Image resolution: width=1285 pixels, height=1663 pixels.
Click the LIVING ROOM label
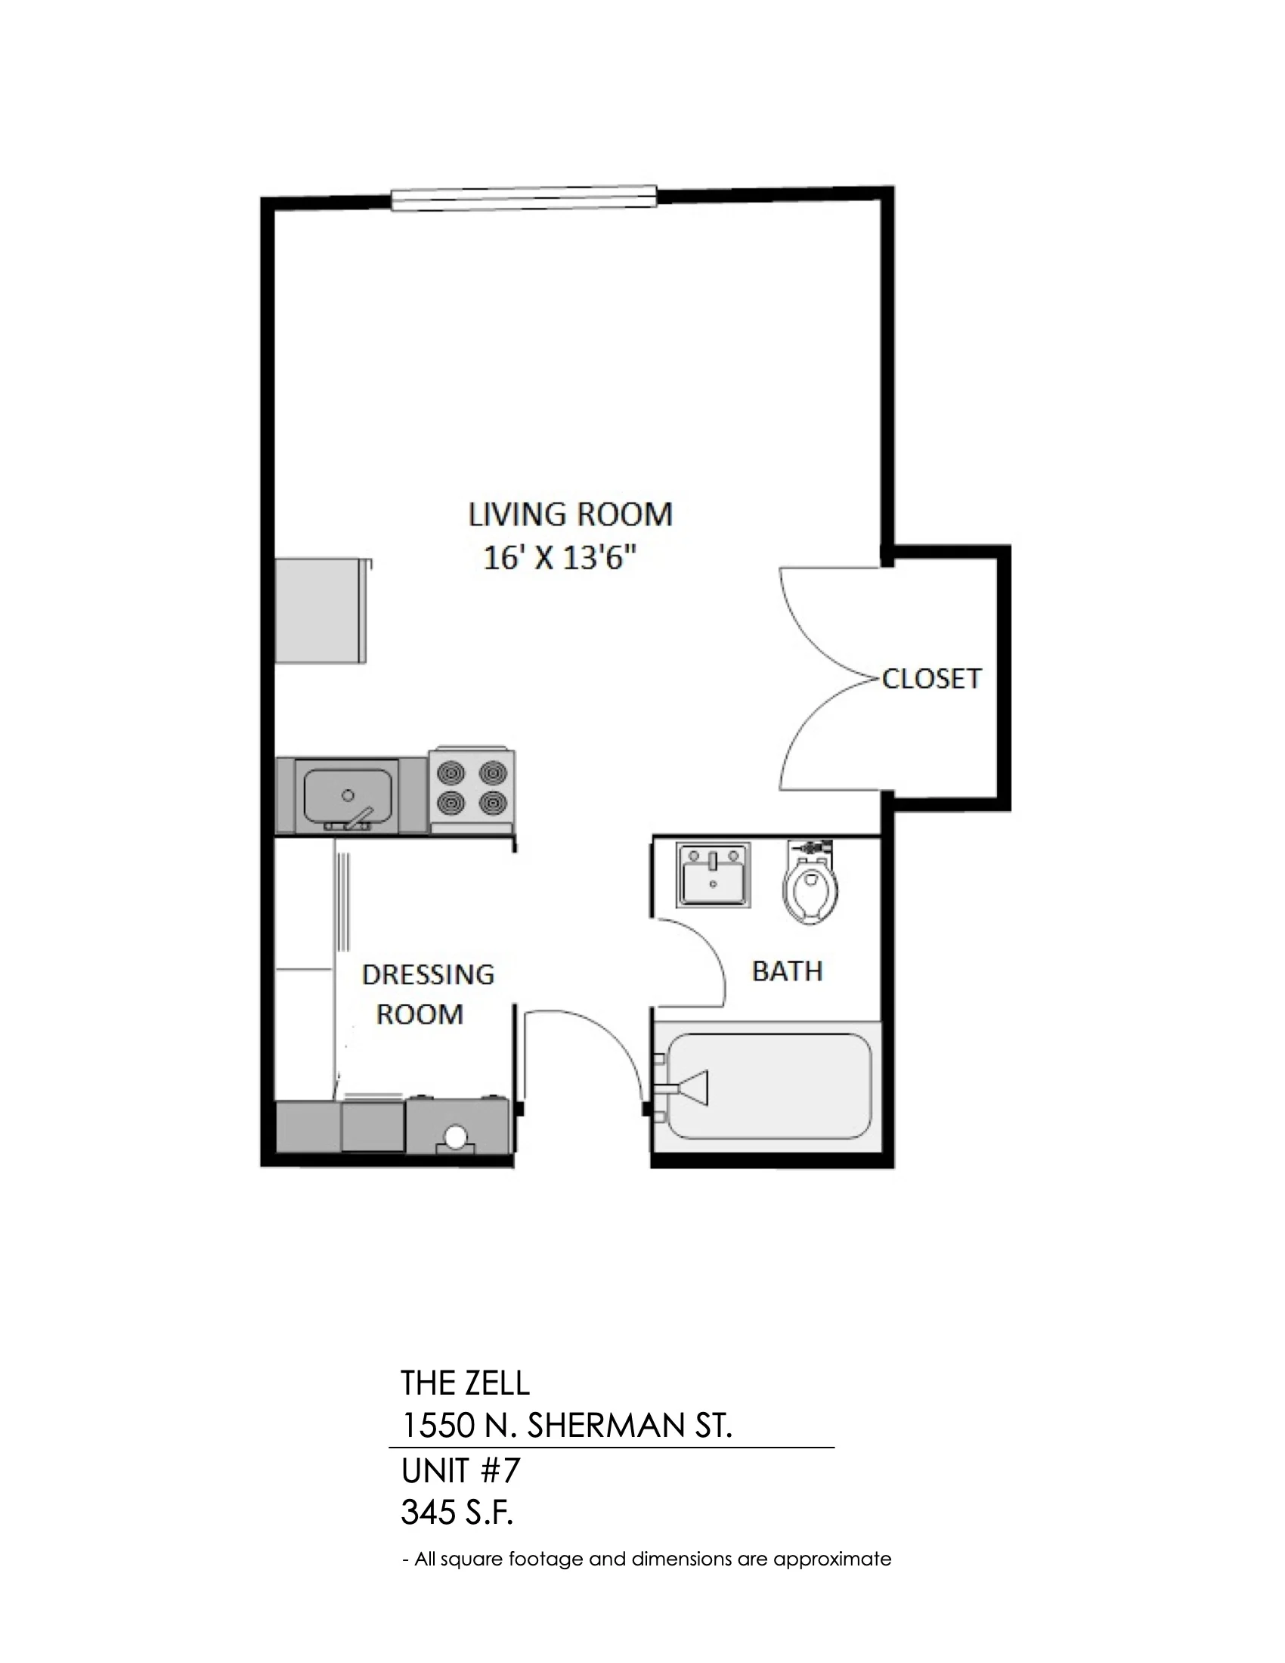coord(570,515)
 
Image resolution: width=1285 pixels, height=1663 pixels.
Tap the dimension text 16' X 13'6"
coord(560,559)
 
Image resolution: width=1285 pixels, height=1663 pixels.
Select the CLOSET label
coord(931,679)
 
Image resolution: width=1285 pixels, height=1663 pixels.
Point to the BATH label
coord(787,971)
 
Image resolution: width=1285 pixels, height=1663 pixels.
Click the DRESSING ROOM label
coord(427,994)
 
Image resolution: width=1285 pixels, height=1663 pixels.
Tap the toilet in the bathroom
coord(811,881)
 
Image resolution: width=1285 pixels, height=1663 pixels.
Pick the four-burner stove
coord(472,790)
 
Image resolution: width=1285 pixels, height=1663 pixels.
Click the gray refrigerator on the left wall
coord(321,610)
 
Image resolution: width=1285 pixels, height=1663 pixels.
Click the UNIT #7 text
coord(460,1470)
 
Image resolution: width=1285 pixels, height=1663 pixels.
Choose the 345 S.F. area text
coord(457,1513)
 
